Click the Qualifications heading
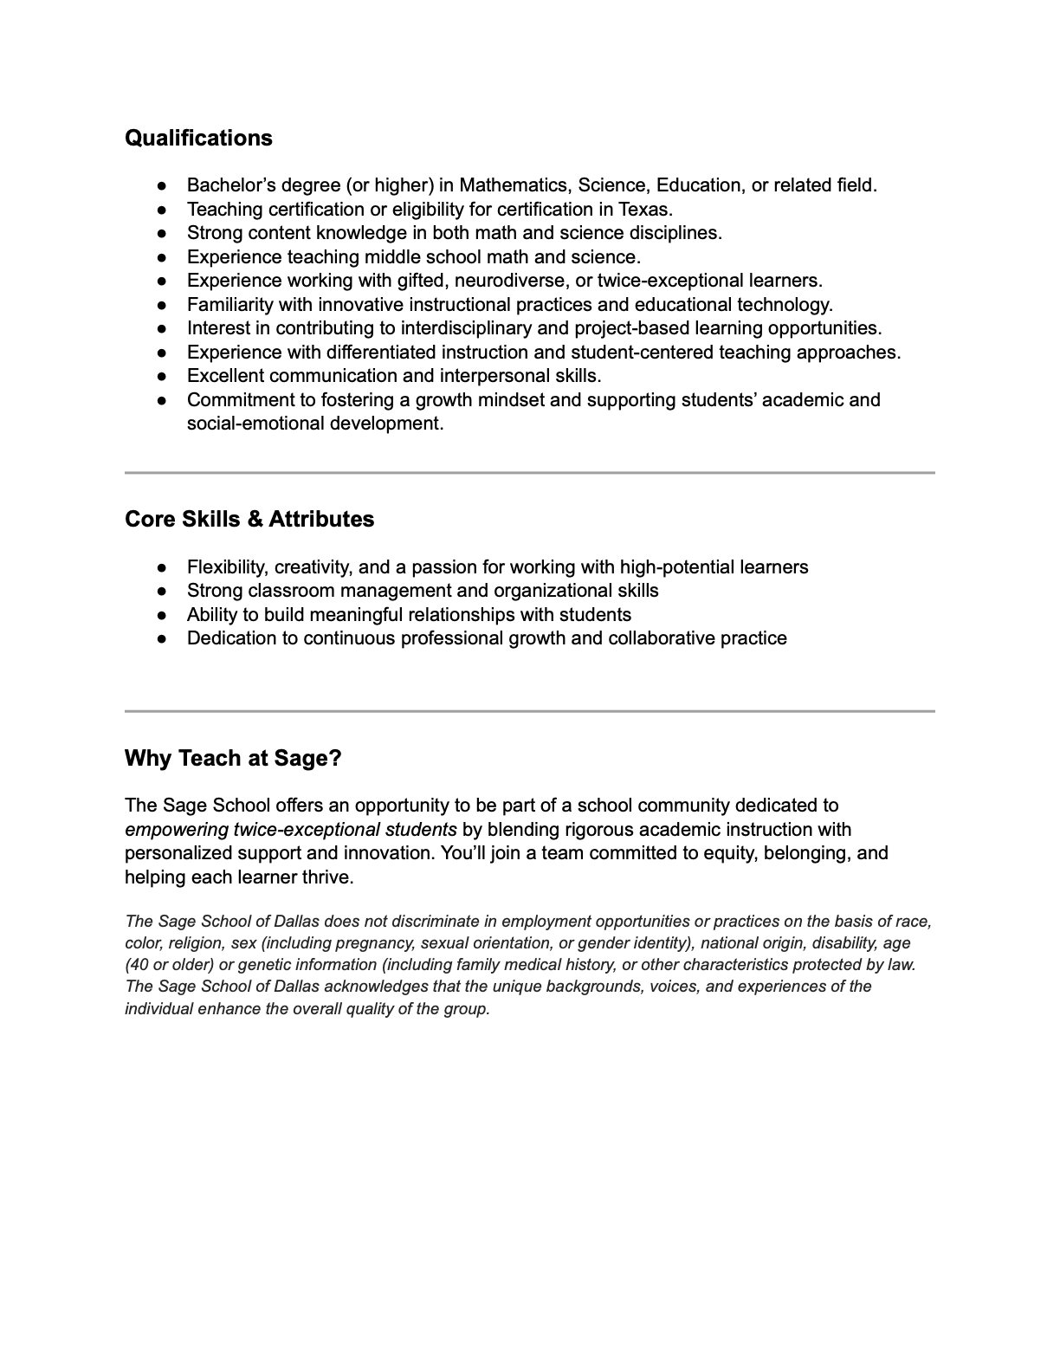click(x=198, y=139)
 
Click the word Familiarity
click(x=229, y=305)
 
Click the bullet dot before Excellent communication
click(x=162, y=377)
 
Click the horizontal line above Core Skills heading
click(x=529, y=473)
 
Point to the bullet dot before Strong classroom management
click(x=162, y=592)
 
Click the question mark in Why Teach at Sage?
click(x=335, y=759)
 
